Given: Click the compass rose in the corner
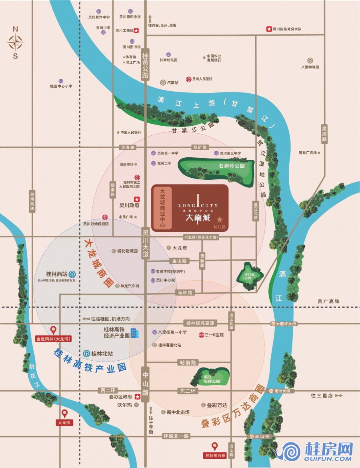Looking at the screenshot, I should [x=16, y=42].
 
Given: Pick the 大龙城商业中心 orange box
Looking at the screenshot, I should [x=162, y=208].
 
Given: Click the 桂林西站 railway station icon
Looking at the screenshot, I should [x=72, y=274].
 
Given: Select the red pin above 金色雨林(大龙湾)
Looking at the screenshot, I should [x=53, y=330].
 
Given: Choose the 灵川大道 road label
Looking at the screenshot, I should [x=146, y=243].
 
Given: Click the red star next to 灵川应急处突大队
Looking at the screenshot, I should [x=269, y=29].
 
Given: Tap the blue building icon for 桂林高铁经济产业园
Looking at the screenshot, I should [x=134, y=333].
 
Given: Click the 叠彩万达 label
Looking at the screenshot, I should [x=217, y=405].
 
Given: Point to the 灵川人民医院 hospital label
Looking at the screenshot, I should [x=202, y=79].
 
